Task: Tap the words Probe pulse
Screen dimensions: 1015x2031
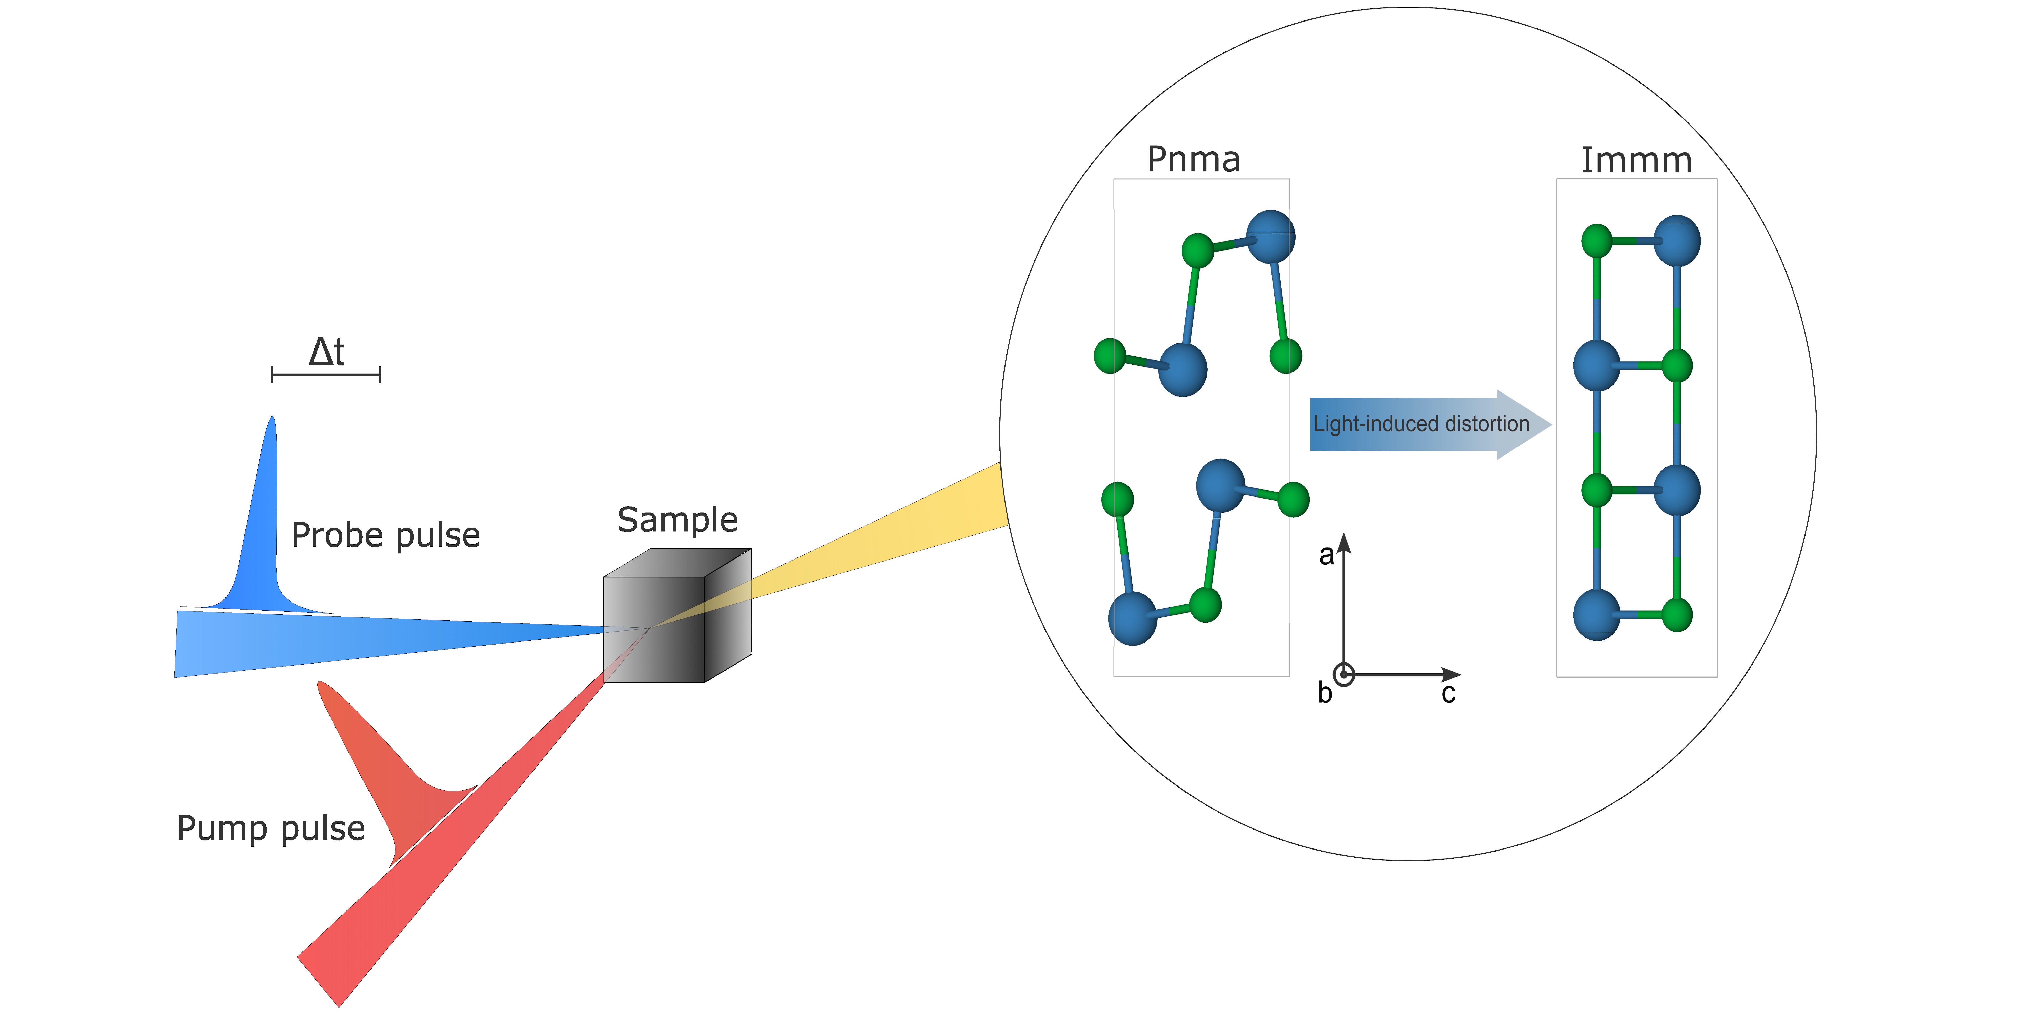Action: click(385, 535)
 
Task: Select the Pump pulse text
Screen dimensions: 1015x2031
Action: click(271, 828)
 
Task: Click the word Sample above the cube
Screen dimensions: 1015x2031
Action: click(677, 520)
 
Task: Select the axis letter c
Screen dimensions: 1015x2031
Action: click(1448, 693)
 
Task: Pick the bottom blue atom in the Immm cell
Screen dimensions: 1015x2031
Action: click(1596, 615)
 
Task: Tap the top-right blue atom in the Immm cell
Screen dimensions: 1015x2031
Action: click(1676, 240)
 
